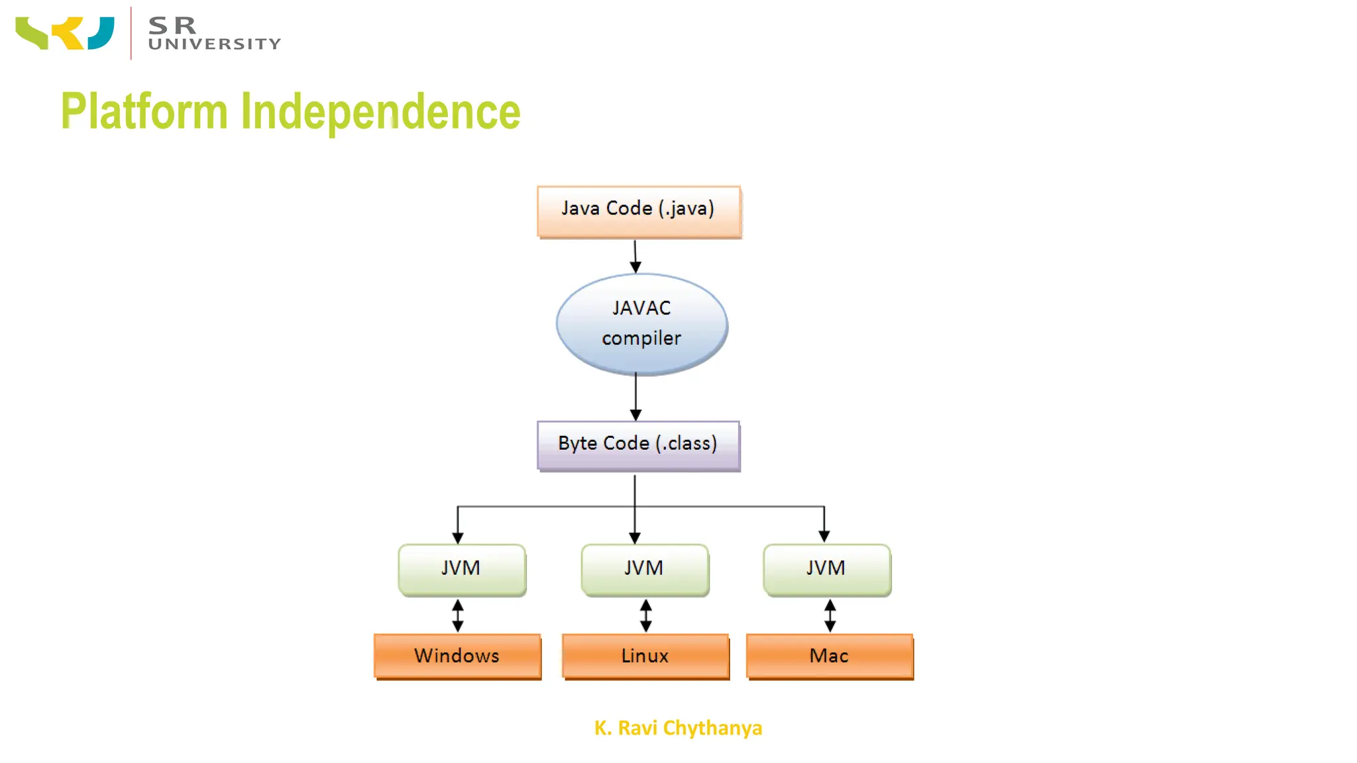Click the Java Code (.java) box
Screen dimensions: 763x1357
coord(639,211)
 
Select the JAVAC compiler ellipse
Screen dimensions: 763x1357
coord(641,323)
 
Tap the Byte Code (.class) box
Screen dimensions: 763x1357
coord(638,444)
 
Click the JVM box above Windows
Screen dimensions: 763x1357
coord(462,568)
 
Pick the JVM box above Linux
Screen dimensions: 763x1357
coord(645,568)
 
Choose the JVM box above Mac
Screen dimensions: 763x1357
coord(826,568)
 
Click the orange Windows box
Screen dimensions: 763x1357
coord(457,656)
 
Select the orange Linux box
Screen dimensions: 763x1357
coord(645,656)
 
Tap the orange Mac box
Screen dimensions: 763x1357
coord(830,656)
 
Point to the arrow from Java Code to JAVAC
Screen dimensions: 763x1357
coord(635,256)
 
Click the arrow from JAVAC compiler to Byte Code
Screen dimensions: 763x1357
coord(635,396)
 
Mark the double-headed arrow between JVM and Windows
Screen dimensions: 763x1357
coord(458,616)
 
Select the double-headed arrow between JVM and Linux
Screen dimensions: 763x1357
coord(646,616)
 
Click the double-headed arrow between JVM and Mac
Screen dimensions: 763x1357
coord(830,616)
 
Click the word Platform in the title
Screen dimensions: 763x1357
coord(144,111)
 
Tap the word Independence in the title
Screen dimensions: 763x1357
coord(380,111)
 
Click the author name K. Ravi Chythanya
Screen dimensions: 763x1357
coord(678,728)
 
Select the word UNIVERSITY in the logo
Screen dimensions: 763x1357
coord(215,44)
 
